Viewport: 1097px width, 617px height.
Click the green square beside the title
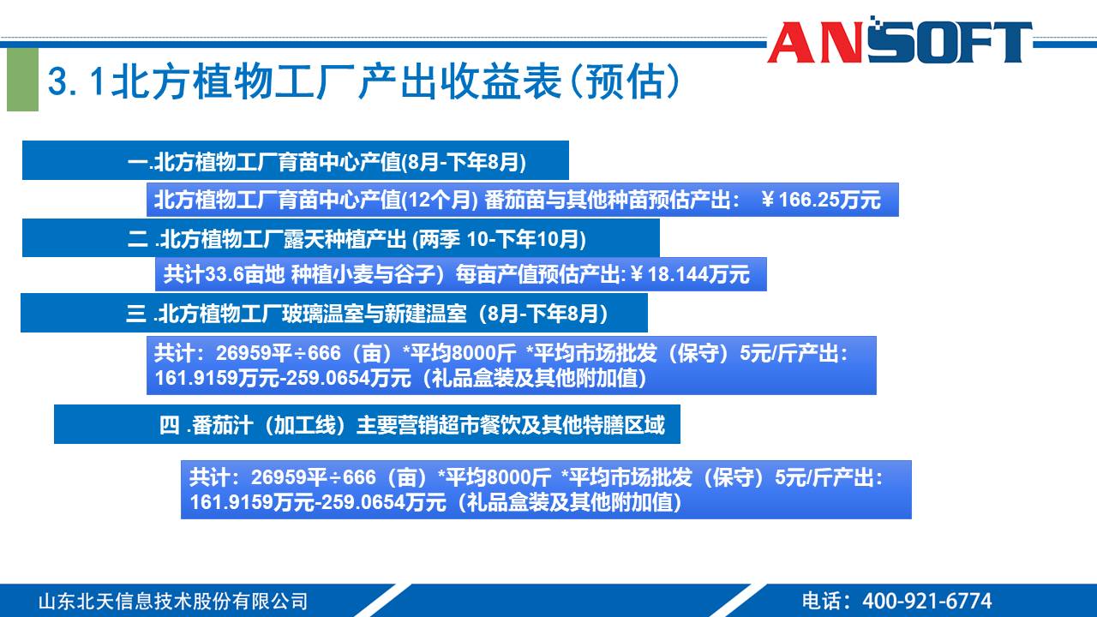coord(23,80)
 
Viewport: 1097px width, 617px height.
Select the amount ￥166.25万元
coord(820,200)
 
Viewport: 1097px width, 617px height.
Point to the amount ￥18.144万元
coord(690,274)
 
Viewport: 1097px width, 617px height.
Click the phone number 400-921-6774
coord(926,601)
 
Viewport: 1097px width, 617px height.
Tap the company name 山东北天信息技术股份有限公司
coord(172,601)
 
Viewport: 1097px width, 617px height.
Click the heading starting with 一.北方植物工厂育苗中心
coord(326,161)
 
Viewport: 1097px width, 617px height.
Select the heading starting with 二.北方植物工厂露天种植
coord(357,238)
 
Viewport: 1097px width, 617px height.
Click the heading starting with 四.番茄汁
coord(411,425)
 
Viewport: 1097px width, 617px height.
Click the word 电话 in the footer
coord(822,601)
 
